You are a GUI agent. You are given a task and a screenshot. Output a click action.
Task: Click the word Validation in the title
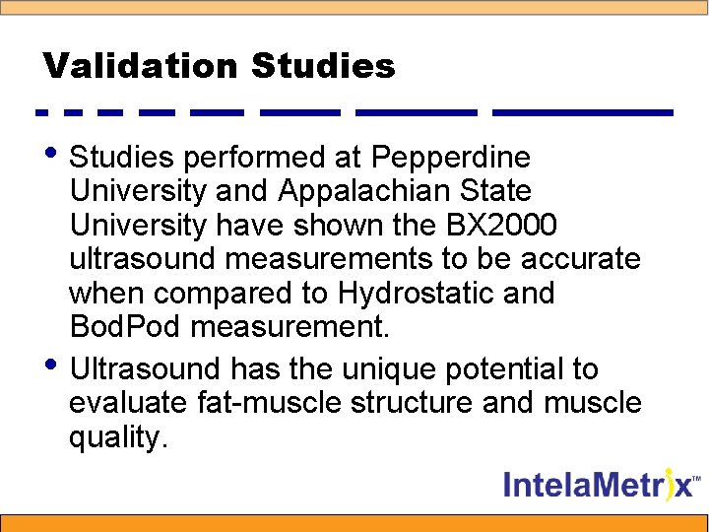pos(141,67)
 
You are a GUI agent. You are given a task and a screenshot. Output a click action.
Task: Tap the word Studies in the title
pos(323,67)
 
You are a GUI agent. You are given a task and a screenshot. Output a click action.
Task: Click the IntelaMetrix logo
pos(598,485)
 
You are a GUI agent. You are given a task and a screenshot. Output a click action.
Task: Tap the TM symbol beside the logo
pos(697,478)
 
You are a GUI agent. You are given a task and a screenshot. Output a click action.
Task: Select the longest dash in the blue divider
pos(582,113)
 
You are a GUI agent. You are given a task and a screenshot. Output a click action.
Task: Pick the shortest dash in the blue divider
pos(40,113)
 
